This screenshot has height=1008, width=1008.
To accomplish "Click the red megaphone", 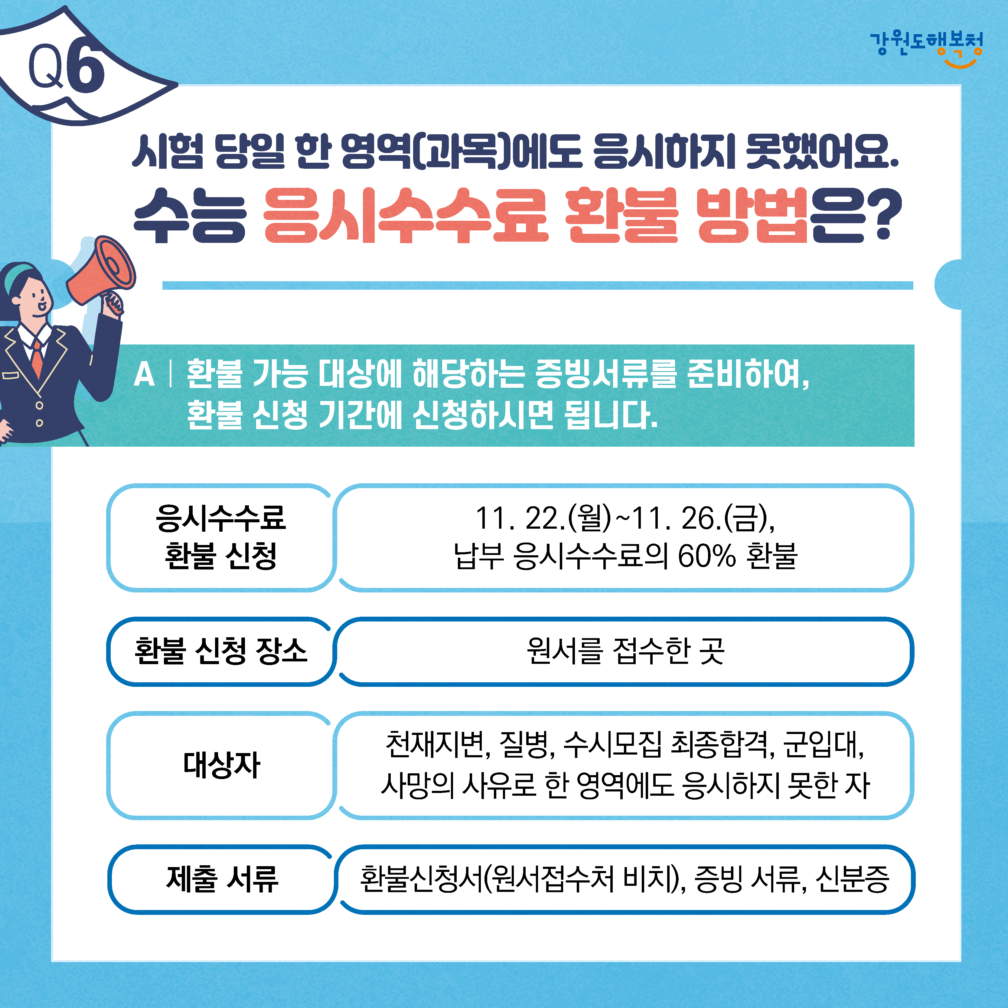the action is [x=102, y=269].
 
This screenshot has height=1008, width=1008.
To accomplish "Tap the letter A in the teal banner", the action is [x=144, y=375].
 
